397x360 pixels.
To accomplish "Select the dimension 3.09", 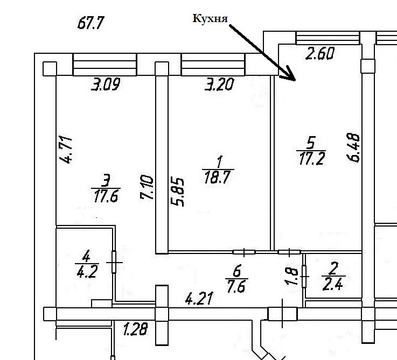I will pyautogui.click(x=105, y=85).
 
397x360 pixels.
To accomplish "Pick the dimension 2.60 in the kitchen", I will pyautogui.click(x=321, y=54).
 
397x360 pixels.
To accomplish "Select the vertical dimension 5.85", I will pyautogui.click(x=179, y=192).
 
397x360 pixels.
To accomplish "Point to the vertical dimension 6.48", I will pyautogui.click(x=354, y=149).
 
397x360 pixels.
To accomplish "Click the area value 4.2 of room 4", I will pyautogui.click(x=87, y=271).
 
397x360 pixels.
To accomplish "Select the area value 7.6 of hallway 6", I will pyautogui.click(x=236, y=286).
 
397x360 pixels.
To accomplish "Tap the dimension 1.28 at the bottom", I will pyautogui.click(x=135, y=329).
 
